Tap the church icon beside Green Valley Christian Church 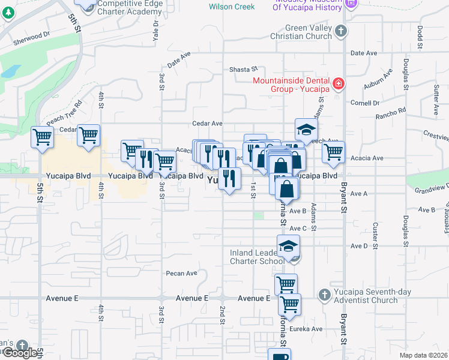click(340, 31)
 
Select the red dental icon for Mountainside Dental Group click(339, 83)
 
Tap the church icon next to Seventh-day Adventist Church click(324, 295)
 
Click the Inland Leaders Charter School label click(257, 257)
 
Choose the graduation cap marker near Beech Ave click(306, 130)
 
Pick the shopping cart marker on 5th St click(42, 137)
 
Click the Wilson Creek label click(232, 7)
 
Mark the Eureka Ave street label click(307, 329)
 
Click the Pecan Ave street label click(182, 273)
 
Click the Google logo click(20, 353)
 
